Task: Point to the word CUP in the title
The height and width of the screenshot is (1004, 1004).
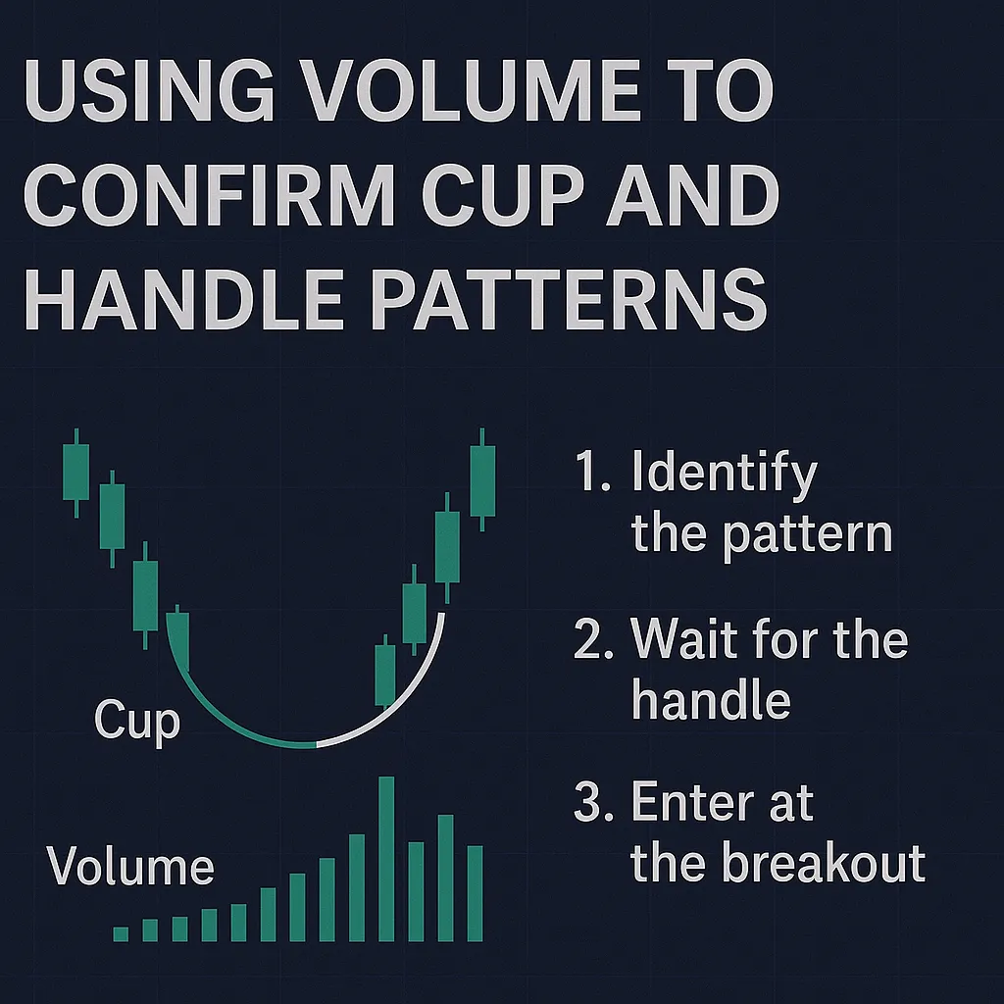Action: pos(503,195)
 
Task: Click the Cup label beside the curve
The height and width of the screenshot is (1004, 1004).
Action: pos(137,721)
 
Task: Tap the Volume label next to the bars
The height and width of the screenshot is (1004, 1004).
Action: pos(130,866)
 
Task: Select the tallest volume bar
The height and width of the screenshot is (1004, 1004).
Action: pos(386,859)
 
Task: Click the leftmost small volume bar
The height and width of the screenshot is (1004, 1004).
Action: pos(121,933)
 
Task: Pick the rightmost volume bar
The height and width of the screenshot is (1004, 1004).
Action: pos(475,893)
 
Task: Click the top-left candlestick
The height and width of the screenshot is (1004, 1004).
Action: pos(76,473)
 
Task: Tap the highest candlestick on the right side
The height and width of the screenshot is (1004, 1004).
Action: pos(482,479)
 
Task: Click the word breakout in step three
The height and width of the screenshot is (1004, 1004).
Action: pos(825,863)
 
